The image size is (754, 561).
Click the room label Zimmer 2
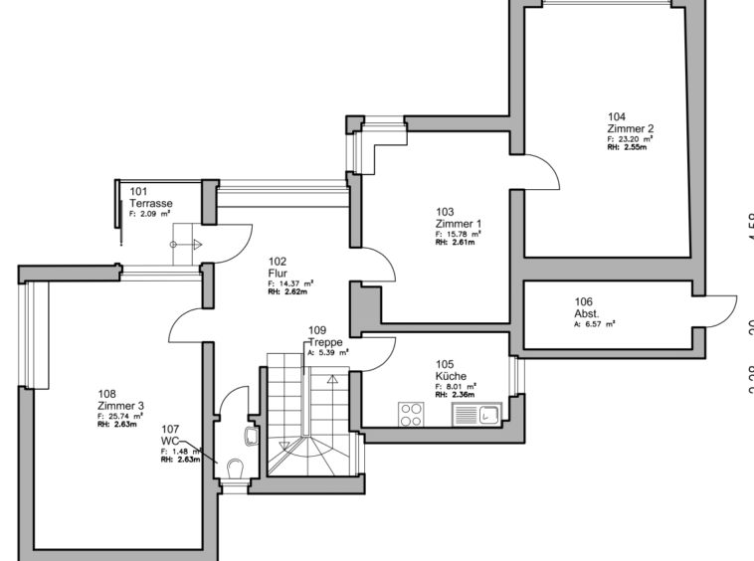[x=630, y=128]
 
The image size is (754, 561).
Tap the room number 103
[x=445, y=211]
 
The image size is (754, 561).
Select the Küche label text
[x=451, y=376]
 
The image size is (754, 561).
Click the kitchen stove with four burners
[x=411, y=414]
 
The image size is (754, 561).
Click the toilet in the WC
[x=235, y=468]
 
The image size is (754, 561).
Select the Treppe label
[x=325, y=341]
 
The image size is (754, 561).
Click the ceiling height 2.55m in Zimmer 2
[x=627, y=147]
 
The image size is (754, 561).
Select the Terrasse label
[x=150, y=203]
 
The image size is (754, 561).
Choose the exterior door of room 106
[x=719, y=309]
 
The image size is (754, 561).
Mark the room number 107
[x=169, y=429]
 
